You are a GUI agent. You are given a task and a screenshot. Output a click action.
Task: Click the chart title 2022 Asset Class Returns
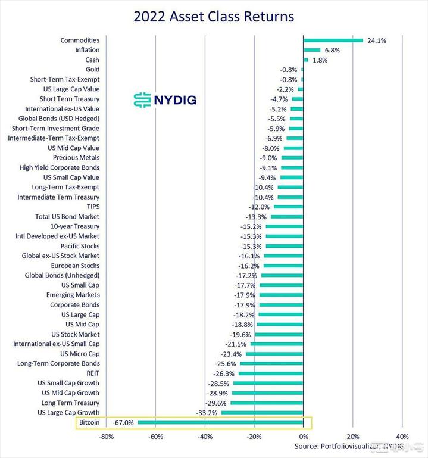[x=214, y=16]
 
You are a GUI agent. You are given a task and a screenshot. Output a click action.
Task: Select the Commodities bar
[x=333, y=40]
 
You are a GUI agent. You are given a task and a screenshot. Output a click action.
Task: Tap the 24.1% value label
[x=377, y=41]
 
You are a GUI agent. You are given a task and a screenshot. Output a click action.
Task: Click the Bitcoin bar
[x=221, y=423]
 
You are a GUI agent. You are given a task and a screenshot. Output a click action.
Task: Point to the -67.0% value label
[x=123, y=423]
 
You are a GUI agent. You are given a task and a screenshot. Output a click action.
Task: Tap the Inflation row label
[x=87, y=50]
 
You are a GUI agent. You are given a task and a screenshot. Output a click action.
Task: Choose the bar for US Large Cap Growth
[x=263, y=413]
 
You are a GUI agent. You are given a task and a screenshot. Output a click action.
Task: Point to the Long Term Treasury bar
[x=267, y=403]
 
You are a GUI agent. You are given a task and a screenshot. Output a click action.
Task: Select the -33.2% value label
[x=207, y=413]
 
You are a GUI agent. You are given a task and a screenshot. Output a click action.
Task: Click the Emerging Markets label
[x=73, y=295]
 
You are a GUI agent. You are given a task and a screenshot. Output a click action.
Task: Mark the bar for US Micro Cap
[x=275, y=354]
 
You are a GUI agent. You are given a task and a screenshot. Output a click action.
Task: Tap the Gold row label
[x=92, y=70]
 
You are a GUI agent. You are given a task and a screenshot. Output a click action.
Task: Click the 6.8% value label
[x=331, y=51]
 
